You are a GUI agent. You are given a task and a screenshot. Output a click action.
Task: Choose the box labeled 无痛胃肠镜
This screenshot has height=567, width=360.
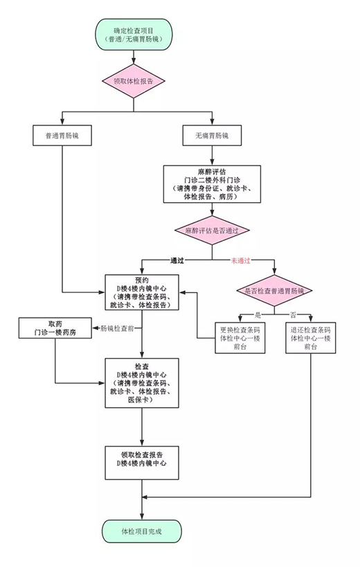click(x=211, y=136)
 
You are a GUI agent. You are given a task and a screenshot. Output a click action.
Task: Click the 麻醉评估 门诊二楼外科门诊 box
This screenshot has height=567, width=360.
click(x=212, y=183)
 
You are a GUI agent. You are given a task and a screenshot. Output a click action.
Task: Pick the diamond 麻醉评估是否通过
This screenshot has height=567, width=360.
click(x=212, y=229)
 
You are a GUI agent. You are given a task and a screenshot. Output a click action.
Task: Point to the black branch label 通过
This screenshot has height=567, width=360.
click(x=177, y=261)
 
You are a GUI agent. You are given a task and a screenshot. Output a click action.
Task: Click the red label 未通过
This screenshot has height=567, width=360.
click(x=240, y=261)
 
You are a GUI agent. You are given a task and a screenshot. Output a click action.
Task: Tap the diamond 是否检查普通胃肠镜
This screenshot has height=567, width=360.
click(x=275, y=291)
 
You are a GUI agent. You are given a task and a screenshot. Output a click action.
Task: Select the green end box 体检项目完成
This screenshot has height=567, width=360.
click(x=142, y=531)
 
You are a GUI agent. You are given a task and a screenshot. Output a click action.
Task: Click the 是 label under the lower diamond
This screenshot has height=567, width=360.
click(x=257, y=315)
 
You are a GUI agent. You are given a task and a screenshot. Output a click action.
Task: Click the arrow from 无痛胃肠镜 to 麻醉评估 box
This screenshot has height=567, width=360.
click(x=211, y=156)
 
